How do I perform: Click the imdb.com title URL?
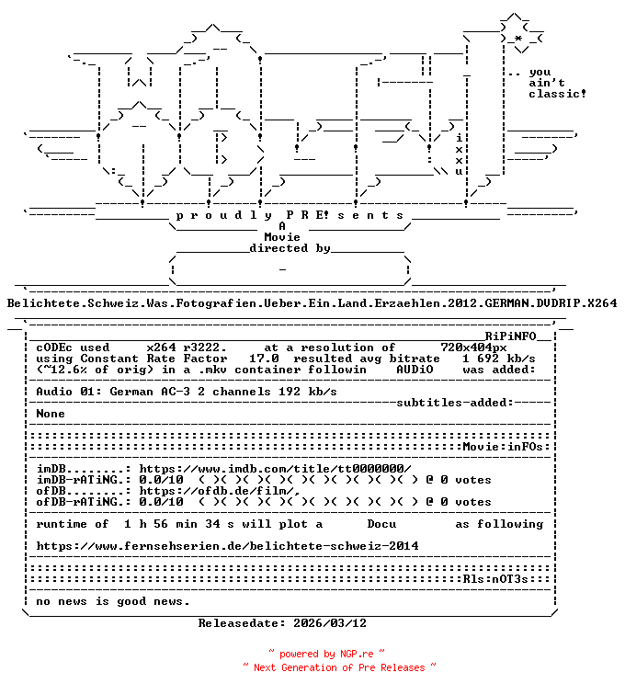click(x=275, y=469)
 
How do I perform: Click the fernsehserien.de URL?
click(x=227, y=546)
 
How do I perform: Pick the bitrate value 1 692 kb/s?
click(x=499, y=359)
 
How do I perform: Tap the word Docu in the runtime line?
click(x=381, y=524)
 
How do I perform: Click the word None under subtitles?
click(x=51, y=414)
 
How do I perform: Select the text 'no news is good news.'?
click(x=113, y=601)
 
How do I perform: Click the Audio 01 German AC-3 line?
click(x=187, y=392)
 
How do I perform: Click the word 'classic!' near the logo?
click(x=558, y=94)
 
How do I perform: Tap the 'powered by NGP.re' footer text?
click(x=314, y=654)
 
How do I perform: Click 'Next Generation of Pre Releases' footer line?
click(x=339, y=667)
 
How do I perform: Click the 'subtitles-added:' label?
click(x=455, y=403)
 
